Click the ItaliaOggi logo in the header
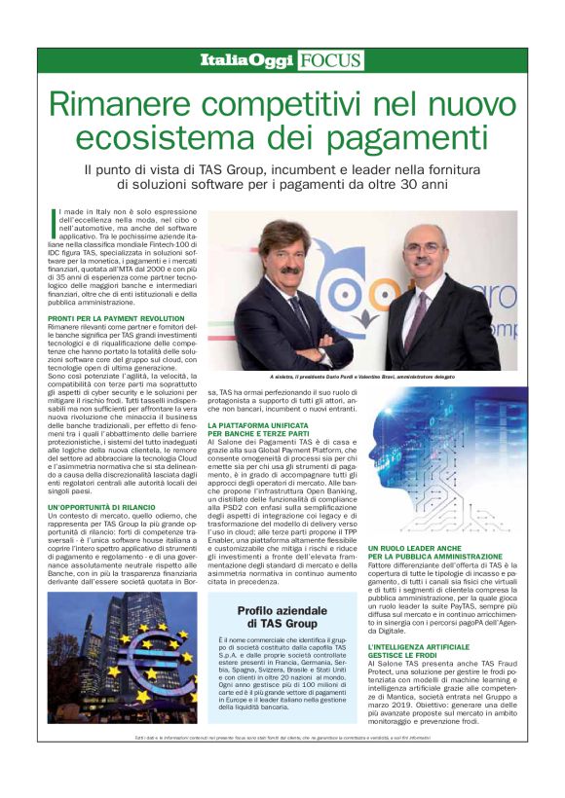[246, 60]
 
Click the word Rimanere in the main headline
[118, 106]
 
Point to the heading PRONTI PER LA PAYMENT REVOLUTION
[116, 319]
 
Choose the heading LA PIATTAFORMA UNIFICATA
[260, 425]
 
